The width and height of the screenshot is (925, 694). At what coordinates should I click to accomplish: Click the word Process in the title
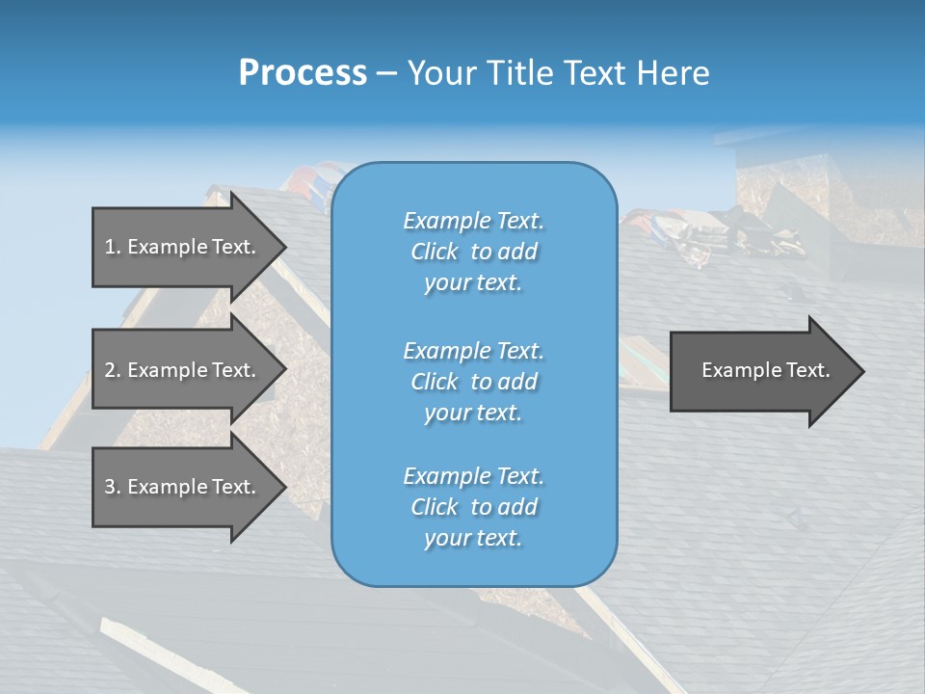point(303,73)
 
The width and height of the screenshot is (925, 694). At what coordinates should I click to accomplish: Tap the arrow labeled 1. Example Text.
point(183,247)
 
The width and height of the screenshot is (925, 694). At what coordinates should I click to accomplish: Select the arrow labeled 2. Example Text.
point(183,370)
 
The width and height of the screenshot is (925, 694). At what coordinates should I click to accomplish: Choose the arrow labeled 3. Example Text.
point(183,487)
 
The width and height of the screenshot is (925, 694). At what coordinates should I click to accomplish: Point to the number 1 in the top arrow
point(109,247)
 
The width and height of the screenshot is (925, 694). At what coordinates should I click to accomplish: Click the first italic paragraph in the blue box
point(473,252)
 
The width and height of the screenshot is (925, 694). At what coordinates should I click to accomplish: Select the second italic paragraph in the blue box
point(473,382)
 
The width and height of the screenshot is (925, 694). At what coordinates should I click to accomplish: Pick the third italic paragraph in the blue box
point(473,507)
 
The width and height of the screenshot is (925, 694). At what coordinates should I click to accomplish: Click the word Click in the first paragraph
point(435,252)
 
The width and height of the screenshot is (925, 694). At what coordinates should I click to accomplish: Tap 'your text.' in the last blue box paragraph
point(473,538)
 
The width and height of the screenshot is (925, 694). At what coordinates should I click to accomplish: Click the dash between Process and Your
point(387,73)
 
